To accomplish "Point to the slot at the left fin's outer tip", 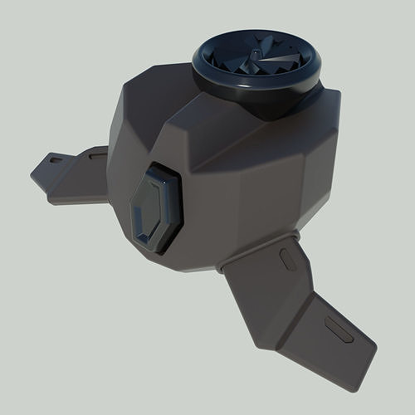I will point(56,159).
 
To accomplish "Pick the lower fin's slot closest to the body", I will point(289,258).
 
